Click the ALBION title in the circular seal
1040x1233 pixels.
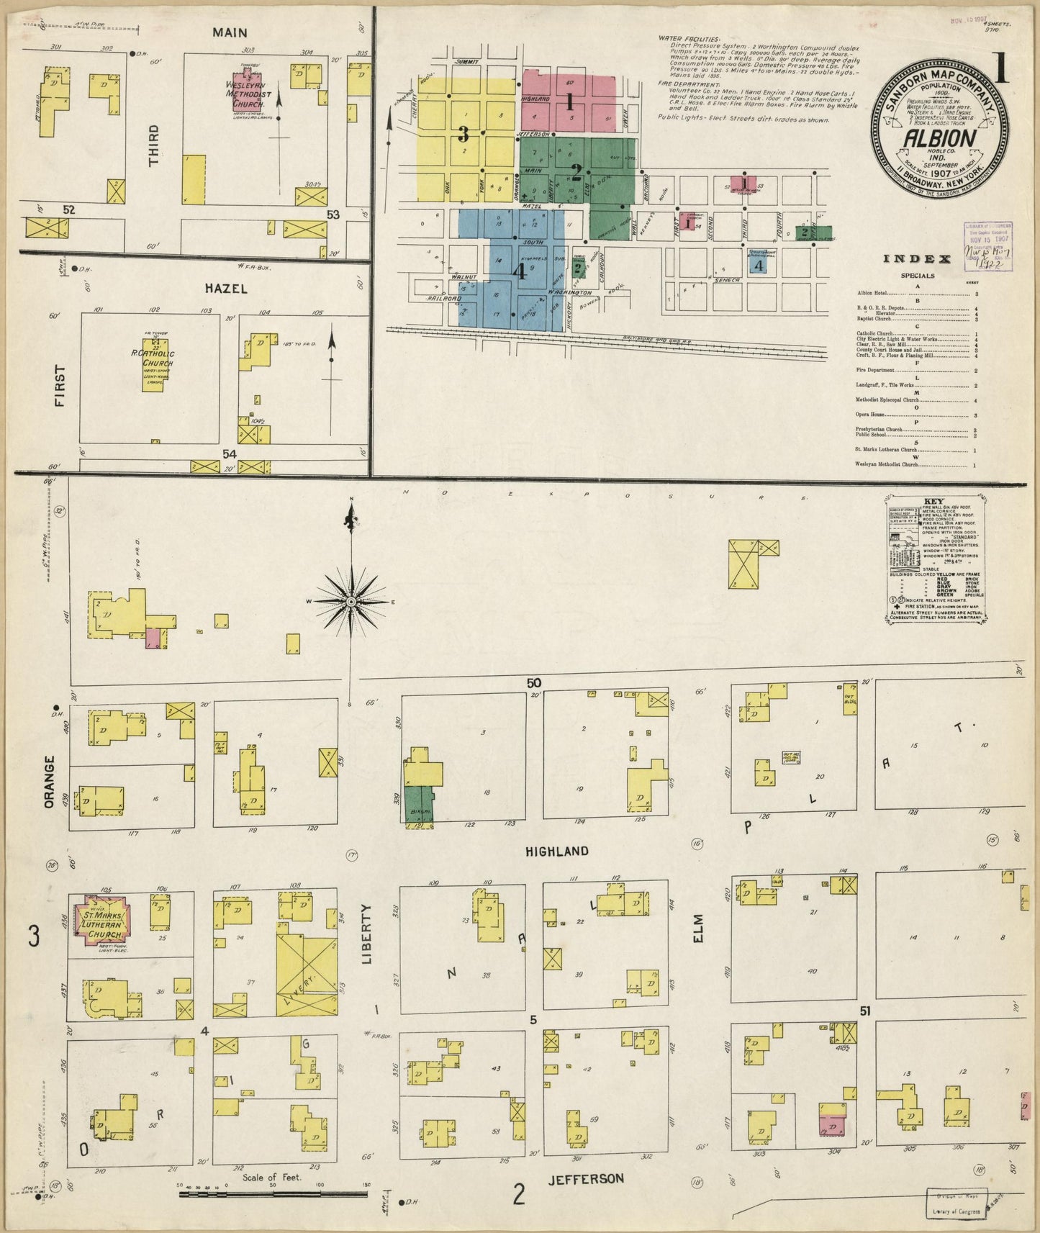point(939,138)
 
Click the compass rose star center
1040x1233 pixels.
point(351,601)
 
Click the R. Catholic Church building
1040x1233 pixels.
point(153,360)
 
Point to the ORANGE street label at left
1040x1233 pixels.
point(50,781)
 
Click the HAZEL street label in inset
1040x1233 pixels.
point(225,289)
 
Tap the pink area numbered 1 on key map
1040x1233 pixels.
point(569,101)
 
